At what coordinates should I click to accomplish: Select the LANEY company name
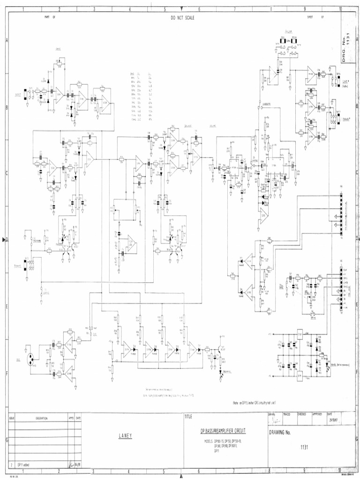(125, 436)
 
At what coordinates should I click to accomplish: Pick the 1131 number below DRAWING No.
(305, 447)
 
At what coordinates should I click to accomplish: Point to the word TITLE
(188, 417)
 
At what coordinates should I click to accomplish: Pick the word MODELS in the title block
(209, 441)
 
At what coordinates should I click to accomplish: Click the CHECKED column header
(301, 414)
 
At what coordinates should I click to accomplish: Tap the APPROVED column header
(317, 414)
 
